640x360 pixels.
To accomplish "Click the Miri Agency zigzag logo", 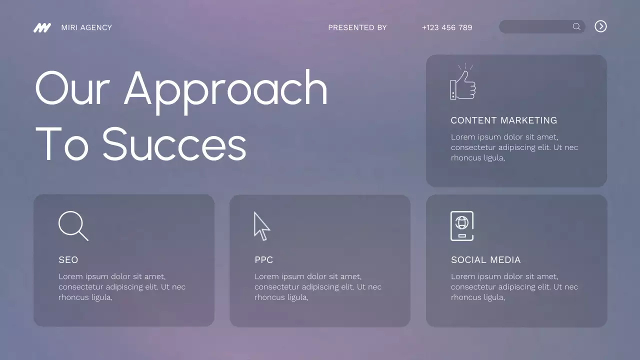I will click(x=42, y=27).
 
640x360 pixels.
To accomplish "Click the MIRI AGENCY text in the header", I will click(x=86, y=27).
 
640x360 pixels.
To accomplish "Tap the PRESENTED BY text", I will click(x=357, y=27).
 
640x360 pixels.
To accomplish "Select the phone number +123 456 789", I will click(x=447, y=27).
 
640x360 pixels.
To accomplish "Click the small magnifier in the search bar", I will click(x=576, y=26).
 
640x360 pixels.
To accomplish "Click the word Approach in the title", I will click(x=225, y=89).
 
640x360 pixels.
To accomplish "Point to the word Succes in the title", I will click(x=174, y=144).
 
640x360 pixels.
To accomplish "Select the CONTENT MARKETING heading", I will click(x=503, y=120).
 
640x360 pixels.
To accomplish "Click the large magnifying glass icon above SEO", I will click(x=73, y=225).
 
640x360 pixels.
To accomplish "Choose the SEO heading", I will click(x=68, y=260).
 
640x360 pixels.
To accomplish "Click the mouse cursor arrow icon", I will click(x=261, y=226).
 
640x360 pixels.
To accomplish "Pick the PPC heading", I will click(x=263, y=260).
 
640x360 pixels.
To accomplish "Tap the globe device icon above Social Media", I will click(x=462, y=225).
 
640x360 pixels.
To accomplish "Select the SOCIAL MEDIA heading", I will click(x=485, y=260).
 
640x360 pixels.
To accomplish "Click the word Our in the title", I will click(x=72, y=88).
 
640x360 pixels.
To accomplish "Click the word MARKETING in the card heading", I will click(x=528, y=120).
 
